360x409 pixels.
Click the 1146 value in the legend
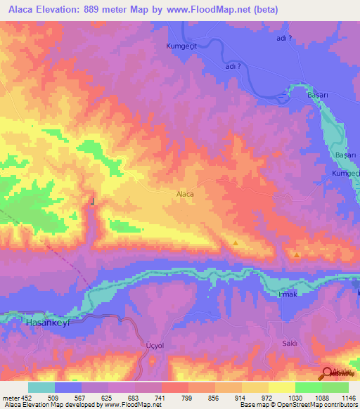tap(348, 397)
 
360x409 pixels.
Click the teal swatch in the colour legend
tap(41, 387)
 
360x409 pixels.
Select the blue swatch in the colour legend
tap(68, 387)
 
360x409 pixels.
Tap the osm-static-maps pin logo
tap(328, 373)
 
